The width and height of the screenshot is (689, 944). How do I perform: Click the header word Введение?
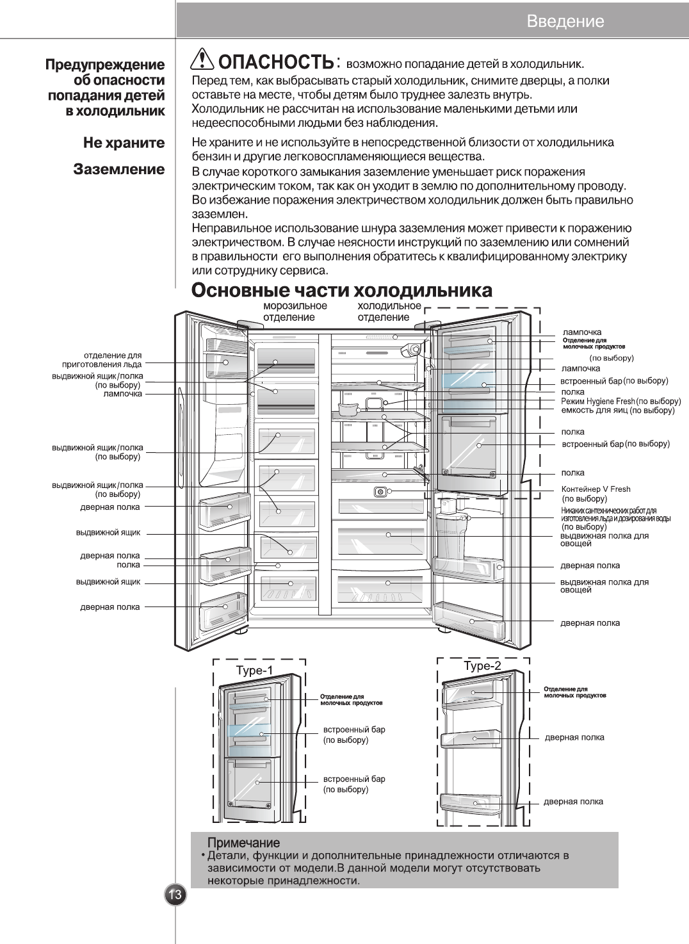pyautogui.click(x=565, y=21)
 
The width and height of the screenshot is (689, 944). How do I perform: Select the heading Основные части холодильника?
pyautogui.click(x=343, y=290)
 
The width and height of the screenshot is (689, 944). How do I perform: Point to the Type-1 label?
pyautogui.click(x=254, y=671)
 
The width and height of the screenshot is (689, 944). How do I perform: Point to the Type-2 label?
pyautogui.click(x=482, y=666)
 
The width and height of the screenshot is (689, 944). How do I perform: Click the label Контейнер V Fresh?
pyautogui.click(x=596, y=489)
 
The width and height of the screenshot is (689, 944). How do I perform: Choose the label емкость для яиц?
pyautogui.click(x=594, y=411)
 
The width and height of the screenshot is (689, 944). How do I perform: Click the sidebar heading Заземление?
pyautogui.click(x=119, y=170)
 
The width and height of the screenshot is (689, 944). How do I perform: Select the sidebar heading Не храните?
pyautogui.click(x=124, y=143)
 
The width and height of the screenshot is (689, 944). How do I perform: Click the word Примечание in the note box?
pyautogui.click(x=243, y=843)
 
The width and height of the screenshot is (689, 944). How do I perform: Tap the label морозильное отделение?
pyautogui.click(x=295, y=311)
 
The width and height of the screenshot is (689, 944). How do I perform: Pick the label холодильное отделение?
pyautogui.click(x=389, y=311)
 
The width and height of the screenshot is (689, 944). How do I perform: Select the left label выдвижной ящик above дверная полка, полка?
pyautogui.click(x=108, y=533)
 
